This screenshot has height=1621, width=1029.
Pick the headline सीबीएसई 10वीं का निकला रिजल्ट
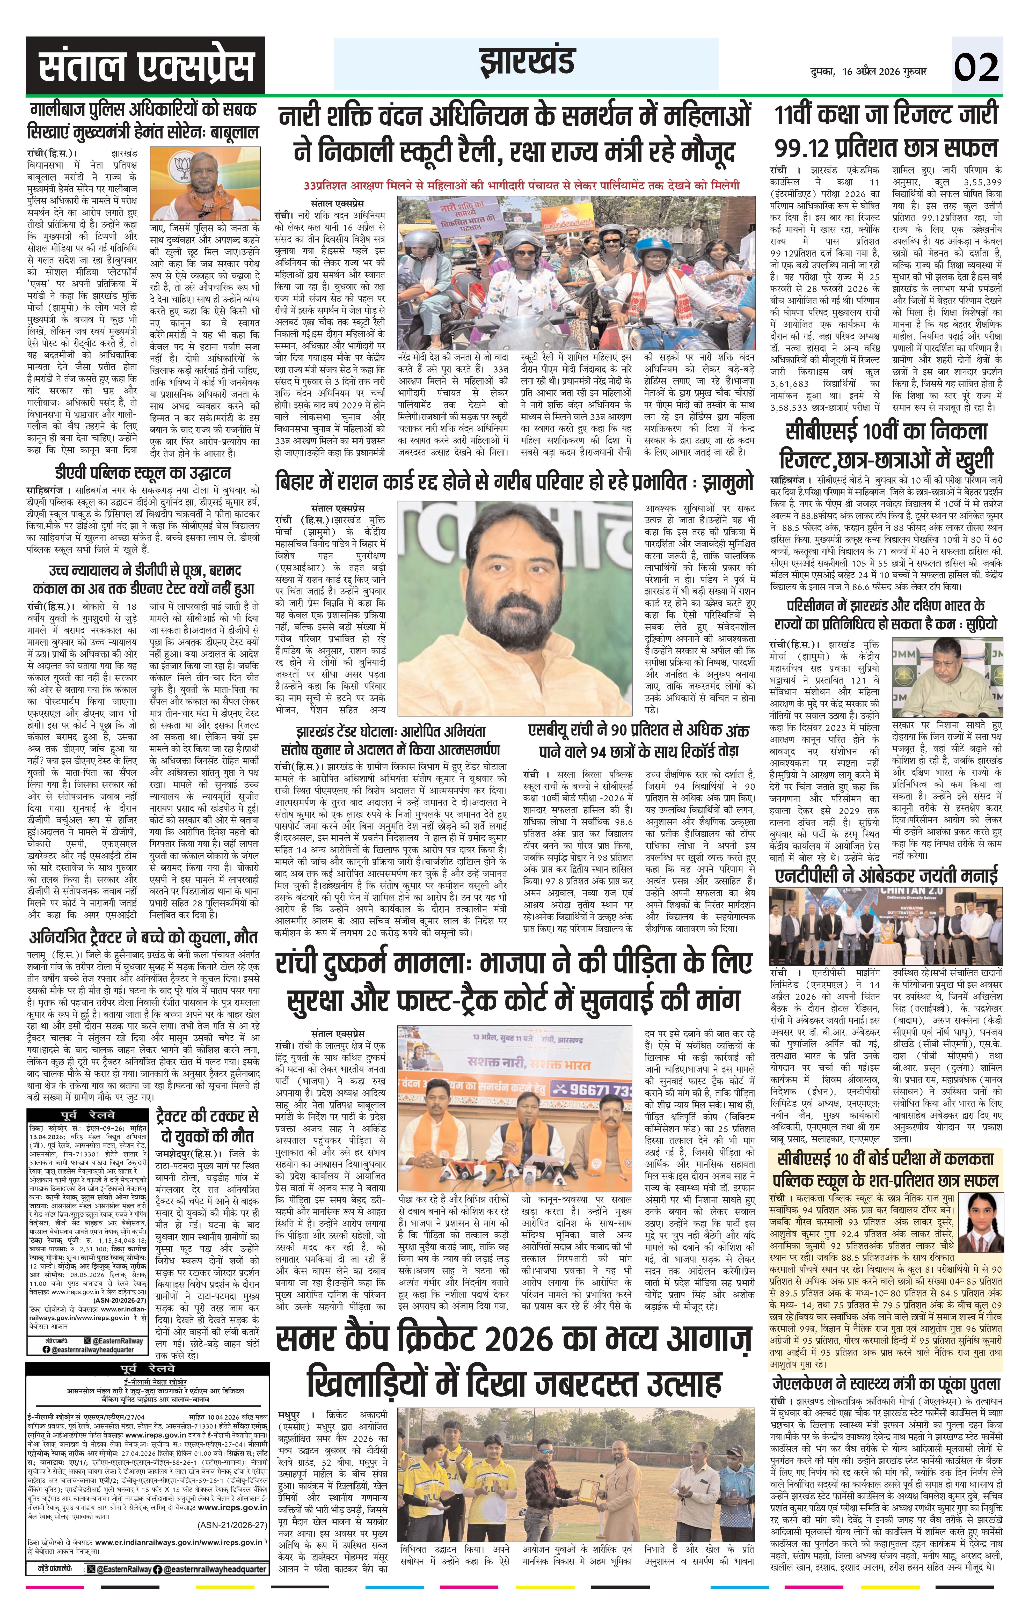click(886, 446)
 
